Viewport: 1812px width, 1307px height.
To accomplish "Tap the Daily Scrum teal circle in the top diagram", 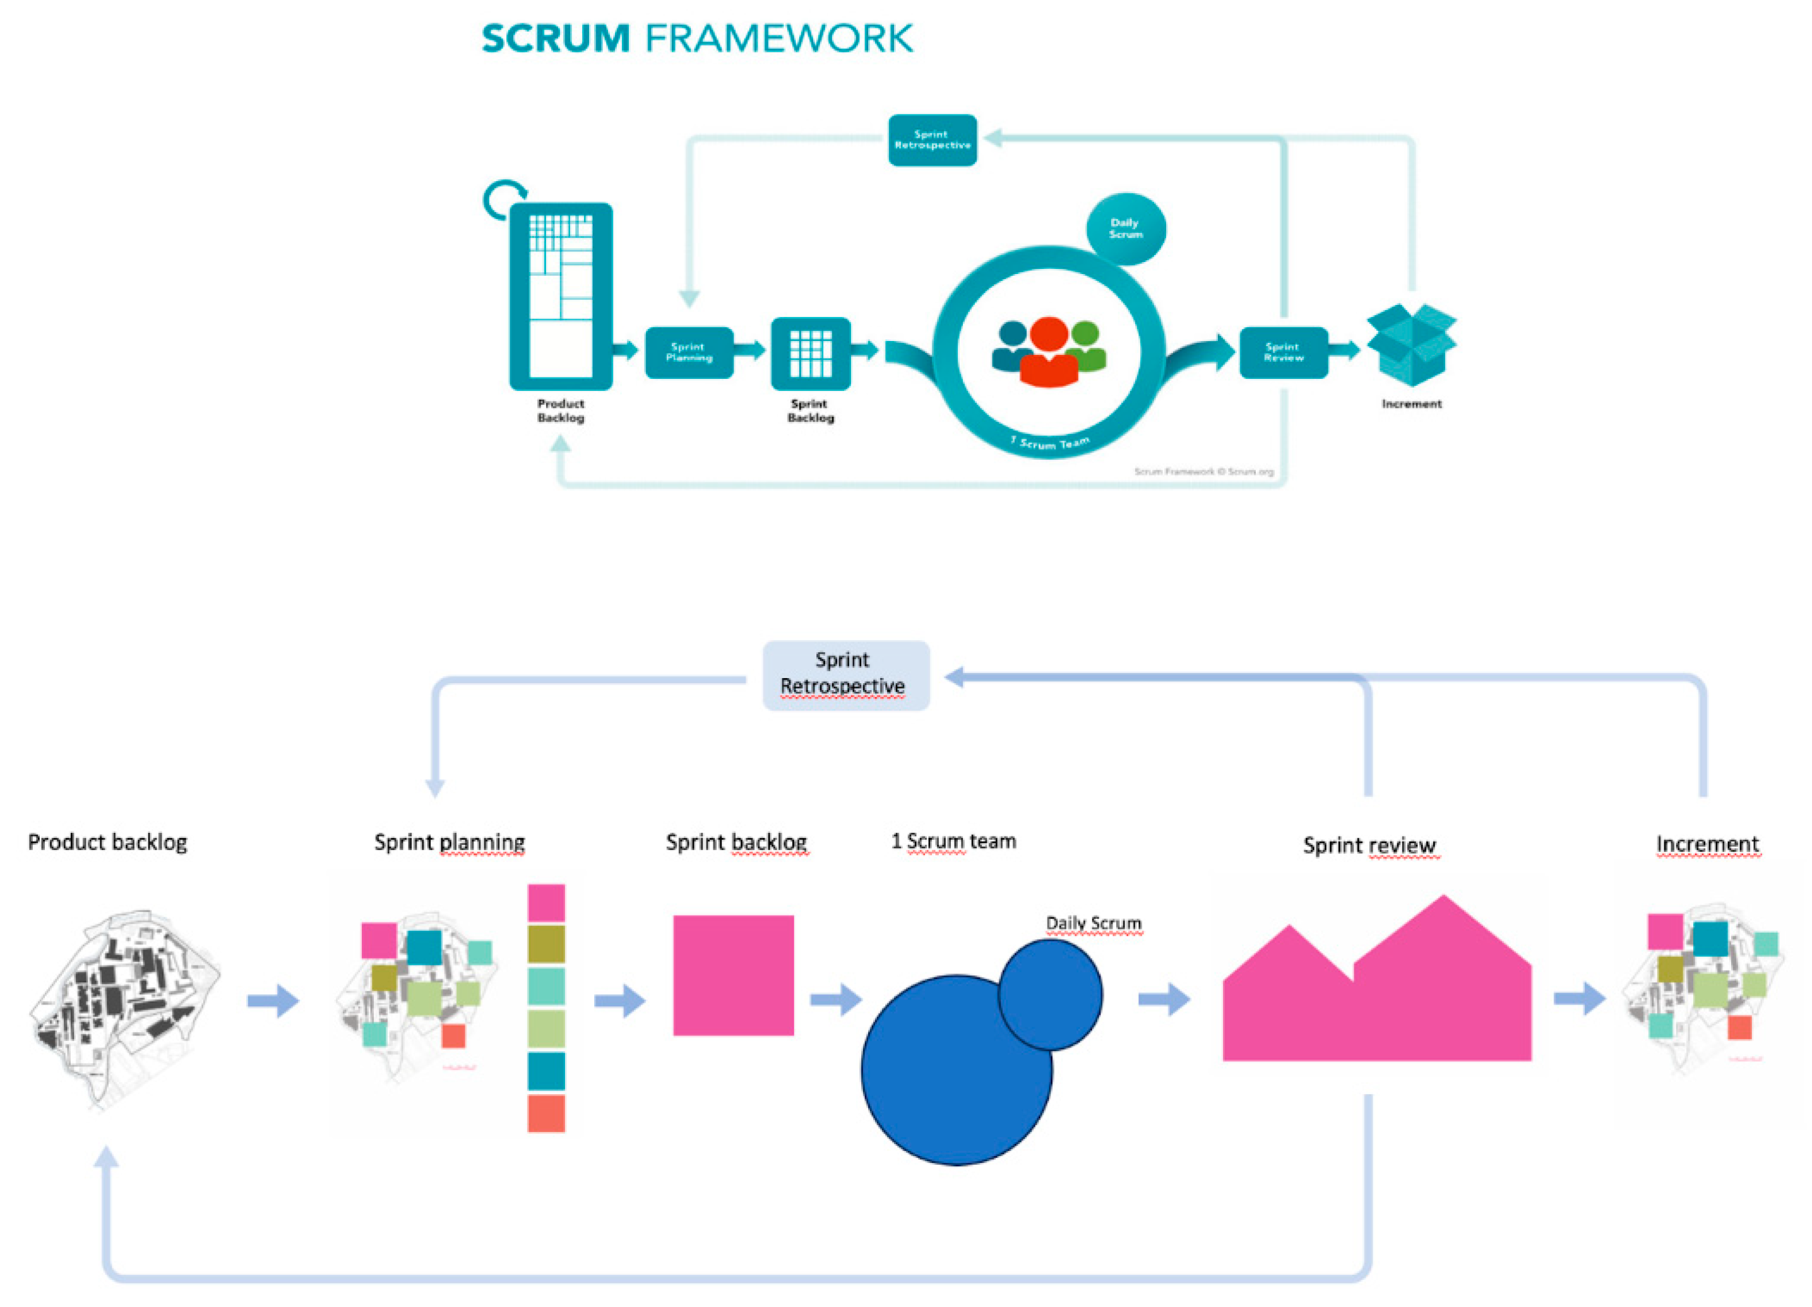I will [1126, 229].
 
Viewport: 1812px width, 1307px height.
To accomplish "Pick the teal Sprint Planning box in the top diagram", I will [689, 352].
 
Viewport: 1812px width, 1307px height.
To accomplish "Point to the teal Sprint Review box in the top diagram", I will [1283, 352].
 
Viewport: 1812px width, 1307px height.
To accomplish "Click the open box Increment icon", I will [1411, 344].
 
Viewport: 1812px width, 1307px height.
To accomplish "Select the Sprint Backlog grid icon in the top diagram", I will [810, 353].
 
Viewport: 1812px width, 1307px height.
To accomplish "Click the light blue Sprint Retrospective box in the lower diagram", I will [845, 675].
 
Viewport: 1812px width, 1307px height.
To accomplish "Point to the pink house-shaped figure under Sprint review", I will [1376, 991].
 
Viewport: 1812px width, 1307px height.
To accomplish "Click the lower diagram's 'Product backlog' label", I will [107, 842].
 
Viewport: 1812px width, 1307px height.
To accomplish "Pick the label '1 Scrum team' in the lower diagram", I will [953, 841].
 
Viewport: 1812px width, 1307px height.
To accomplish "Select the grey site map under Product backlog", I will [124, 1006].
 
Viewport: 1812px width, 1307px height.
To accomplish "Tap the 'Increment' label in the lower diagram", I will [1707, 844].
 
